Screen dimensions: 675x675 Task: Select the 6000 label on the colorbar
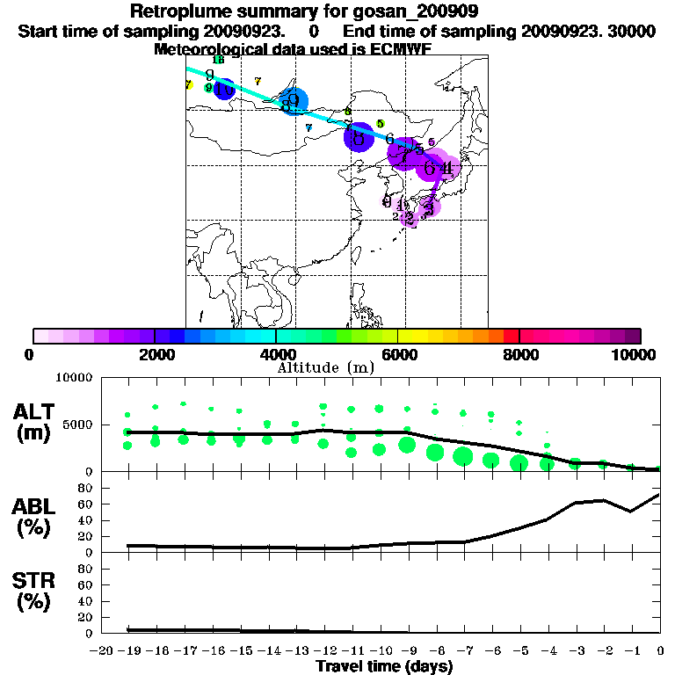pyautogui.click(x=398, y=354)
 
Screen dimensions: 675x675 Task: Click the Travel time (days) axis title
pyautogui.click(x=384, y=667)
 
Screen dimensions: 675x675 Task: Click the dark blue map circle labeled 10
pyautogui.click(x=224, y=89)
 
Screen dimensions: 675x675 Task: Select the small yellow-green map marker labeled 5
pyautogui.click(x=381, y=124)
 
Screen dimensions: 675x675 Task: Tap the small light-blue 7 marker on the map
pyautogui.click(x=308, y=128)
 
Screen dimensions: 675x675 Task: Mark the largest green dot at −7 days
pyautogui.click(x=463, y=456)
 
